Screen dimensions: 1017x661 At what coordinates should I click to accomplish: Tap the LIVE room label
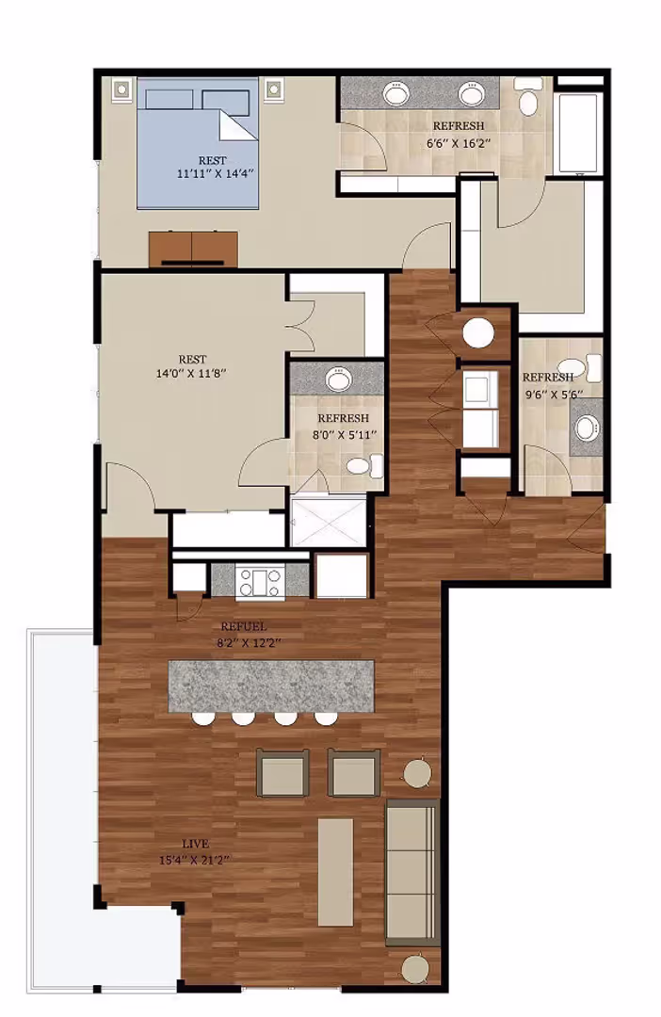coord(196,843)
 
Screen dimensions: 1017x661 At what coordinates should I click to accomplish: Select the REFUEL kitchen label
coord(243,626)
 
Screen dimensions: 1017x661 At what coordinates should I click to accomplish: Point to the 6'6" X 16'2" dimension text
coord(459,143)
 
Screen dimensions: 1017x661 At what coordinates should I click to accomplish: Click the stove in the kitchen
coord(259,580)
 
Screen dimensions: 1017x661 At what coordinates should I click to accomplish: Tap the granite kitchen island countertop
coord(270,686)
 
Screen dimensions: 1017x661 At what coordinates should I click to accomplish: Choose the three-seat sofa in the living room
coord(412,872)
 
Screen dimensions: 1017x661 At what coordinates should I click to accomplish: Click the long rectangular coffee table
coord(335,871)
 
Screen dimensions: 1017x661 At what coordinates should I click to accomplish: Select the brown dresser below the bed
coord(193,248)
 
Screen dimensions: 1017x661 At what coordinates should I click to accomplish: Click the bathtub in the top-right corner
coord(579,132)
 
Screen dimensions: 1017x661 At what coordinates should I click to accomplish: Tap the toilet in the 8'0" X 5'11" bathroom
coord(363,465)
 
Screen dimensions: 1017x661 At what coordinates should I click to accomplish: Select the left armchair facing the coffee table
coord(282,773)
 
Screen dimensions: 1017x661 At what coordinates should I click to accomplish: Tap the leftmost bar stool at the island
coord(202,719)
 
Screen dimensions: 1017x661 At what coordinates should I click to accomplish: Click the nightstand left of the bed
coord(121,90)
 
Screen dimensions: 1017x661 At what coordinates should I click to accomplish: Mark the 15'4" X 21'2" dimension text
coord(196,859)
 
